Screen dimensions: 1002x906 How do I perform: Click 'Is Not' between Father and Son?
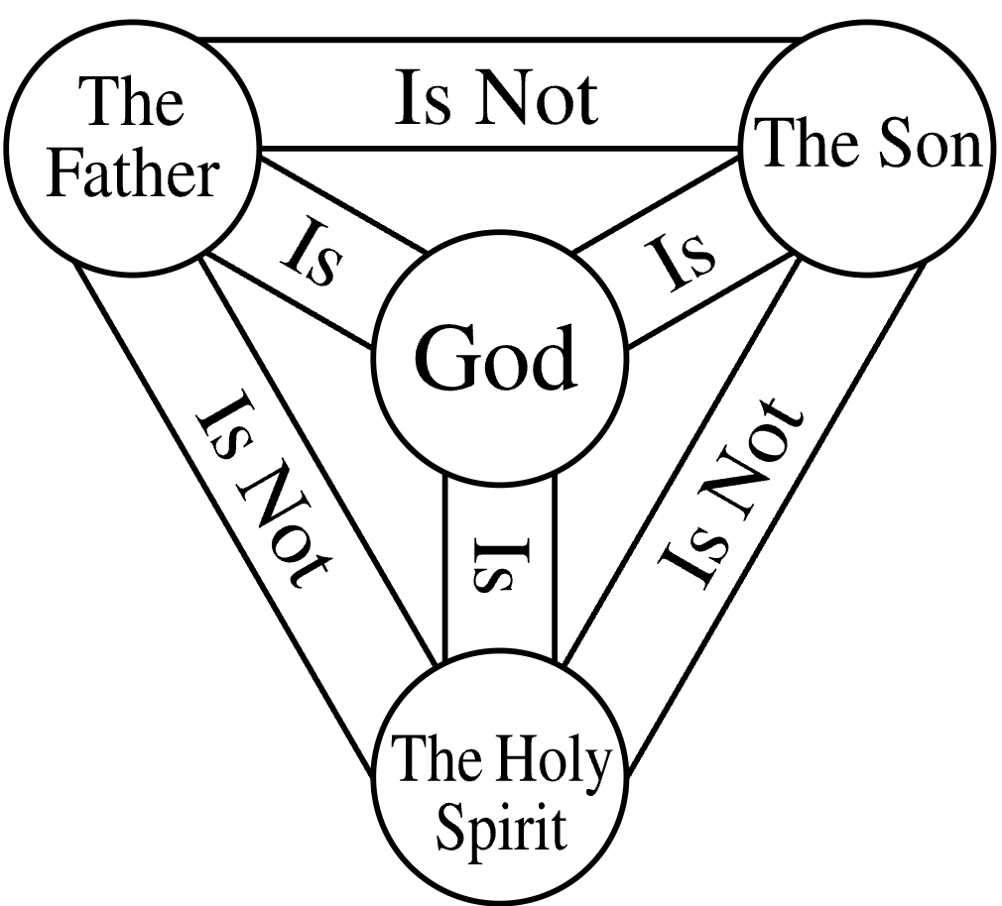click(496, 99)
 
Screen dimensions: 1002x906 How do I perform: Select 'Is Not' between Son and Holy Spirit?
click(730, 493)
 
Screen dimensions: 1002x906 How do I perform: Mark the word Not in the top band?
click(536, 99)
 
